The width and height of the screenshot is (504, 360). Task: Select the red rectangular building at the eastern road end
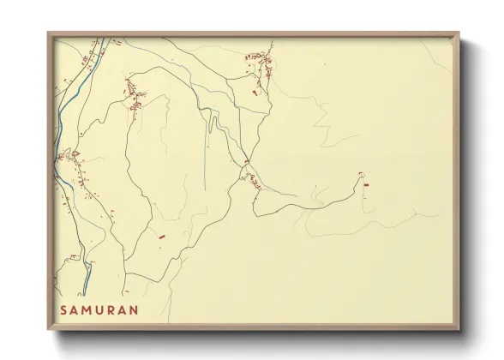click(366, 183)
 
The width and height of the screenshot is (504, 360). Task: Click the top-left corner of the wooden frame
click(49, 34)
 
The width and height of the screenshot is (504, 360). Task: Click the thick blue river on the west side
click(60, 120)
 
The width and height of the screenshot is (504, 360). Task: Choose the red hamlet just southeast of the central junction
click(254, 178)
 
